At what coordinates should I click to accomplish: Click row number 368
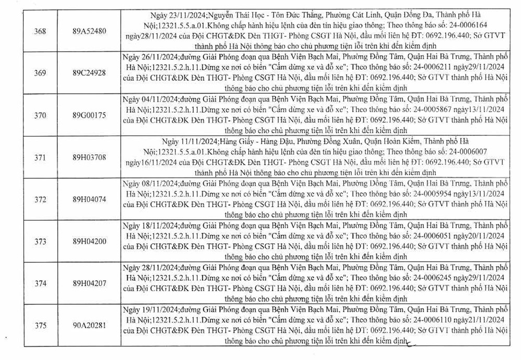pos(40,31)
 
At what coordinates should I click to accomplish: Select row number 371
pos(40,157)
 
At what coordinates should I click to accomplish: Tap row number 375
pos(40,326)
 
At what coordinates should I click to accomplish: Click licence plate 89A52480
pos(90,31)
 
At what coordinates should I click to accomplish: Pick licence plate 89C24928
pos(90,73)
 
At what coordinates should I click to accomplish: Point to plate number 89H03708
pos(90,157)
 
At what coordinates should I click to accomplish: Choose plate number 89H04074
pos(90,200)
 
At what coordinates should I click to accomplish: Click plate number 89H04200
pos(90,242)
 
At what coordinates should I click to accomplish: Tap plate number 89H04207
pos(90,283)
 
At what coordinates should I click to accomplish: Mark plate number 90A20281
pos(90,326)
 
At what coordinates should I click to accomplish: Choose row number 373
pos(40,242)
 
